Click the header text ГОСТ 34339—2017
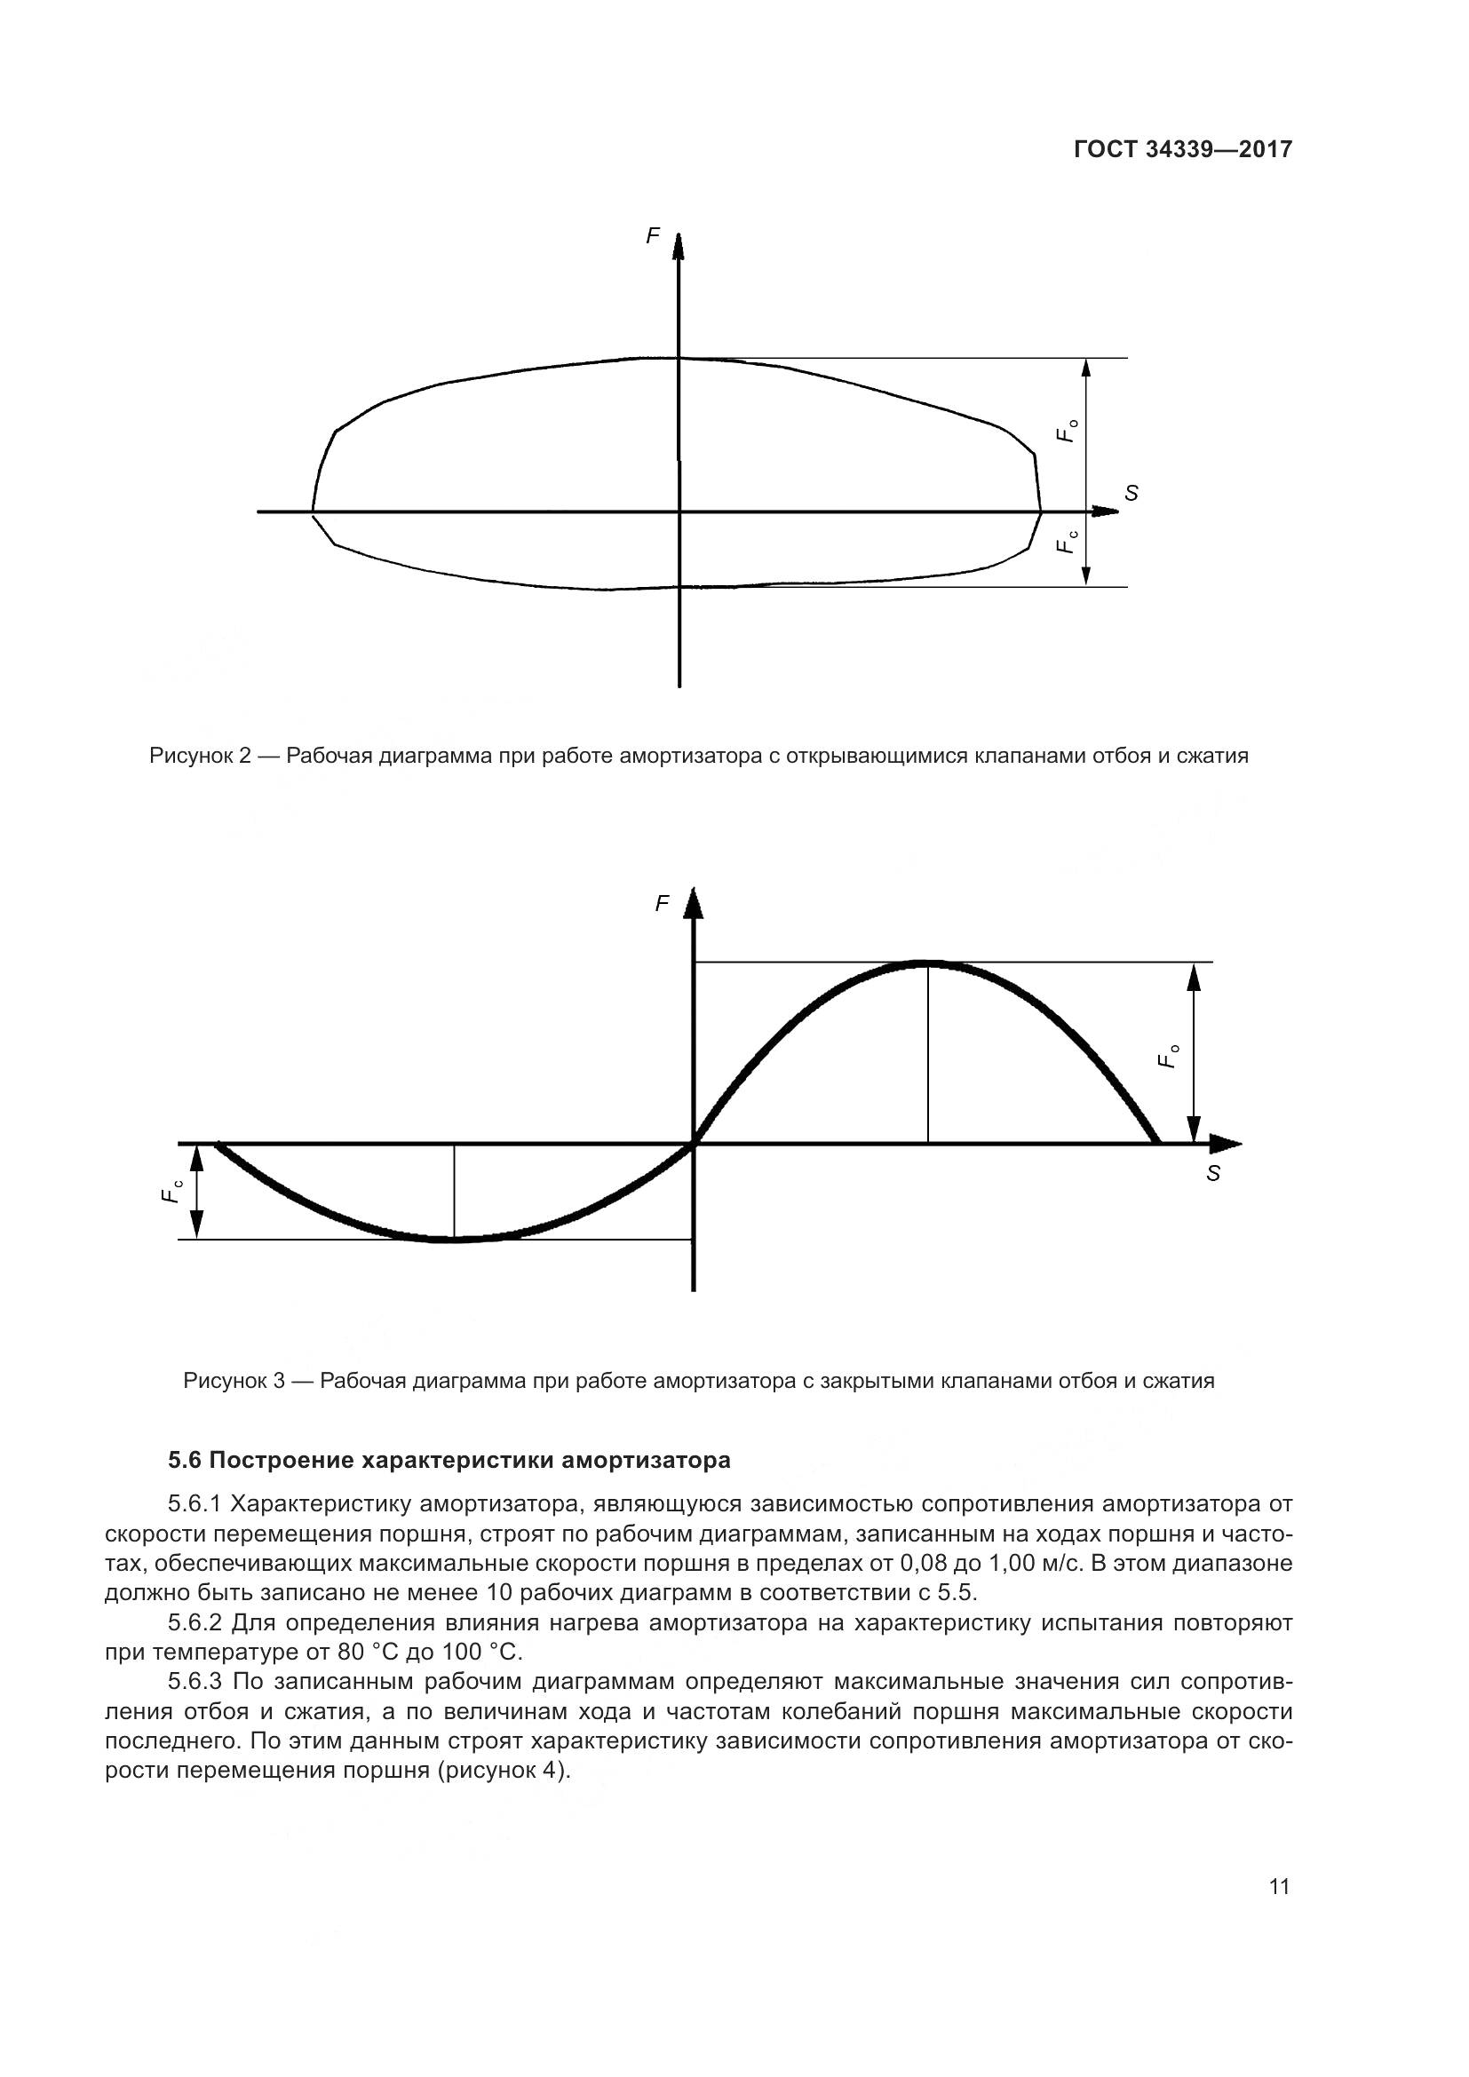click(x=1182, y=150)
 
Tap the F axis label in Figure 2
click(x=652, y=236)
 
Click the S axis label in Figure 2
click(x=1131, y=493)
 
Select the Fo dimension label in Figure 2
click(x=1068, y=431)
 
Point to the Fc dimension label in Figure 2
click(x=1068, y=542)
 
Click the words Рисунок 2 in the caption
click(x=199, y=756)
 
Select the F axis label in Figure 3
click(x=663, y=903)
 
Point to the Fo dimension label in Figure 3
click(x=1170, y=1057)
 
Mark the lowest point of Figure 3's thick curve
click(x=449, y=1240)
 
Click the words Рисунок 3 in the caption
click(x=234, y=1382)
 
